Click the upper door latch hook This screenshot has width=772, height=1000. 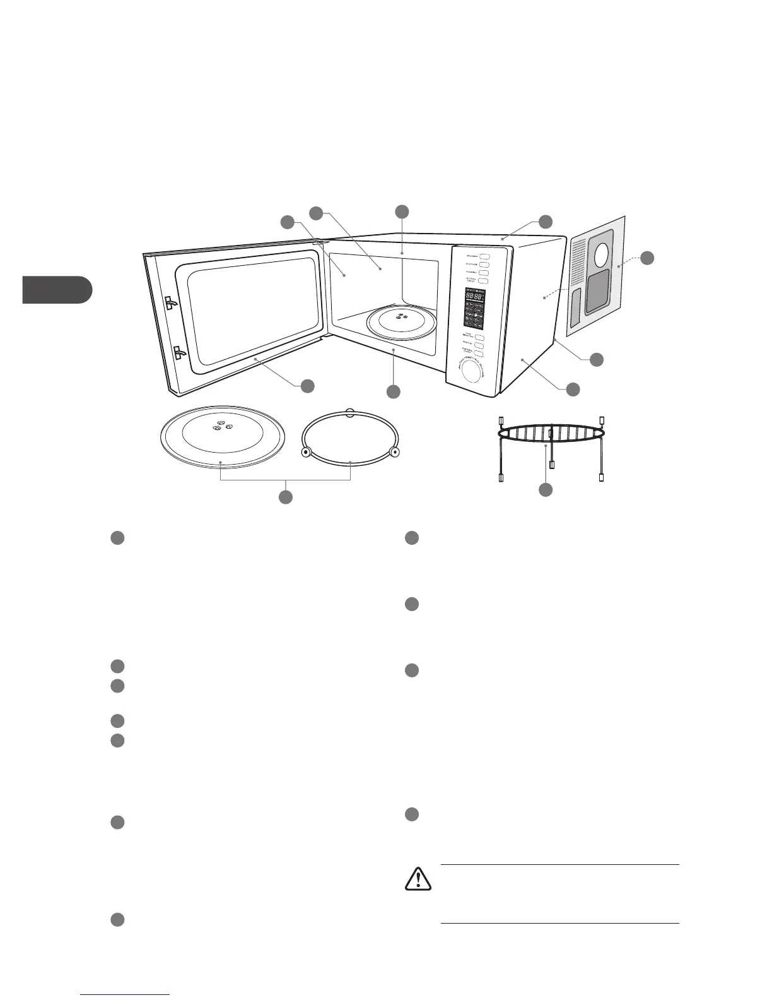(170, 304)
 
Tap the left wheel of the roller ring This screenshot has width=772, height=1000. (306, 452)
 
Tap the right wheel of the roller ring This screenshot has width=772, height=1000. (394, 451)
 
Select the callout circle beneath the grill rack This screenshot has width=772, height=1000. (546, 489)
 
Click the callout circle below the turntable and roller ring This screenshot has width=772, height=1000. (286, 497)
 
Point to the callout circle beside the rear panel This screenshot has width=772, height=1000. (648, 258)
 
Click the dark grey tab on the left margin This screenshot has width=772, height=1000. (57, 290)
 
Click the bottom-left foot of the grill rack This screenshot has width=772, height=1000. (501, 478)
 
